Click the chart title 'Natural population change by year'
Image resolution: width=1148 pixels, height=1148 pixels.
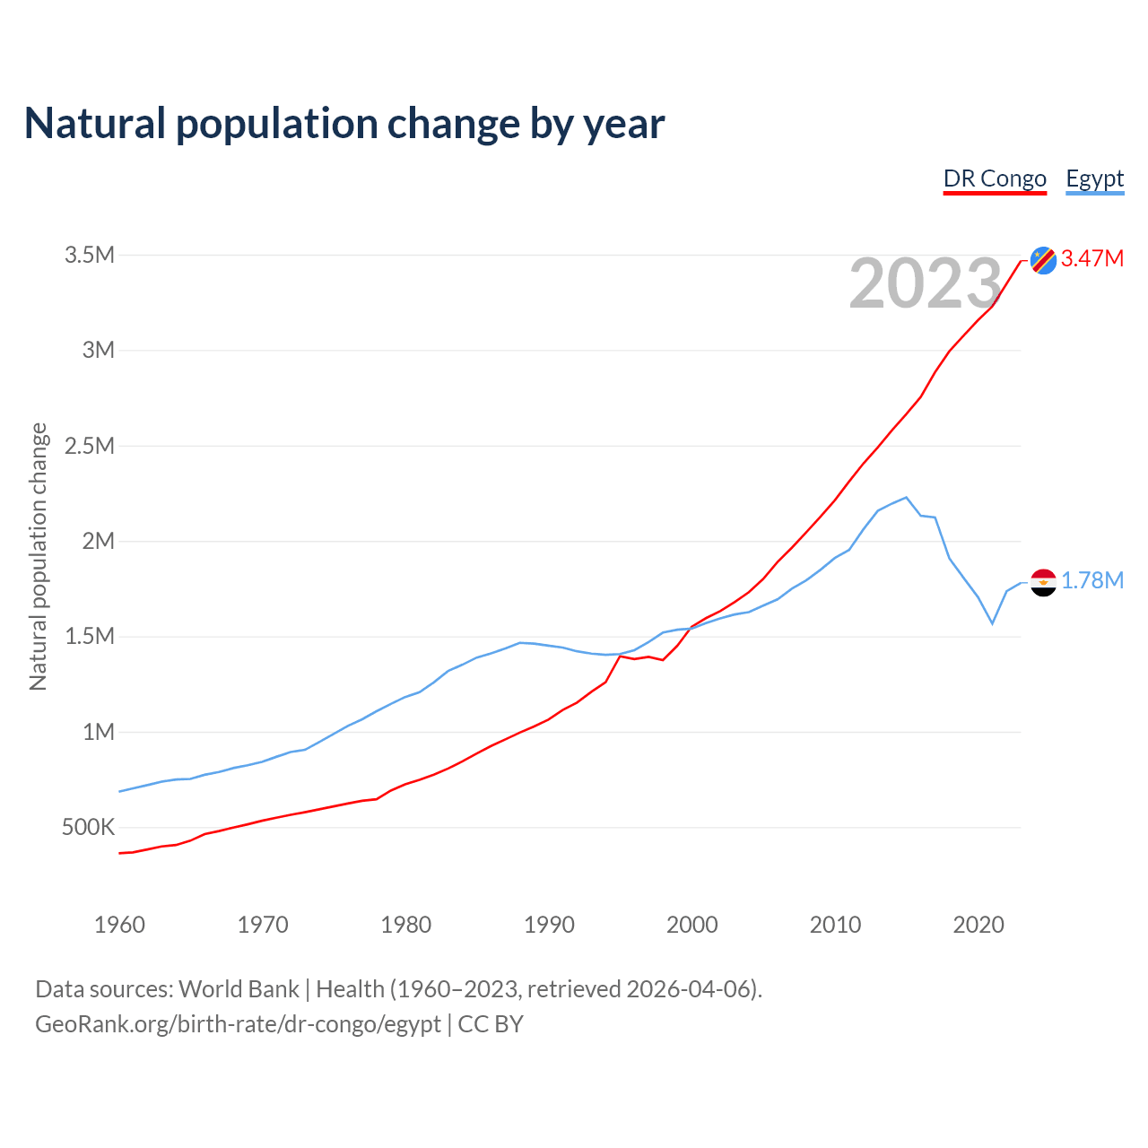(344, 124)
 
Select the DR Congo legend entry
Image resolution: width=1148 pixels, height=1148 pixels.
(995, 178)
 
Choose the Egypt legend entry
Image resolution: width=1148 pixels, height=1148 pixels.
(1094, 178)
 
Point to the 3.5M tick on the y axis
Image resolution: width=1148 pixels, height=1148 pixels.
(90, 256)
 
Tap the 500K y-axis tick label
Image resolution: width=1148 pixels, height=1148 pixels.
(88, 827)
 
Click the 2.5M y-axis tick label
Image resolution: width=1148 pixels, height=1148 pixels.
(90, 446)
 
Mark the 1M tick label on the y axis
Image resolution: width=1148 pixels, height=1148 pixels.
(99, 732)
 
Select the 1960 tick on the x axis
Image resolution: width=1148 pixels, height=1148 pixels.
(119, 925)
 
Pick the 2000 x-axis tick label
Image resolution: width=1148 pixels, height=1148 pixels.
(691, 925)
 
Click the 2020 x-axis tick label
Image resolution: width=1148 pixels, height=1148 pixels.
(978, 925)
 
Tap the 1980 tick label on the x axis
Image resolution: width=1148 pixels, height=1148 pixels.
(405, 925)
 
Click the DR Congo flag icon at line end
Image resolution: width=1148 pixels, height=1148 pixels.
(1043, 260)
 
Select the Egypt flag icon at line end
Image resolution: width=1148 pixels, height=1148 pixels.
(1043, 582)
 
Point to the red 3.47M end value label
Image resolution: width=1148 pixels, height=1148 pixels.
(1092, 259)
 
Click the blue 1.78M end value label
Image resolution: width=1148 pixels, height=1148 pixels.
(1092, 581)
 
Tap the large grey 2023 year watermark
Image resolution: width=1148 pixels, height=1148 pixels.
(925, 284)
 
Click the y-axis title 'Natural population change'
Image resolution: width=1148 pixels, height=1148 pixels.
(39, 557)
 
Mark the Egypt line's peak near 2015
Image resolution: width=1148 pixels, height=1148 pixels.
(906, 497)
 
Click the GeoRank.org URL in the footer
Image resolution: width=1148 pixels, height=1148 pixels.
(238, 1024)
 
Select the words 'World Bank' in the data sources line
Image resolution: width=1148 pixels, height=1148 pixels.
(239, 989)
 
